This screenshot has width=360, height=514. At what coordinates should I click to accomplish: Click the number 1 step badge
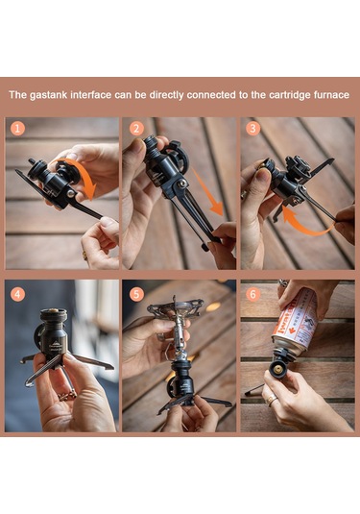point(18,129)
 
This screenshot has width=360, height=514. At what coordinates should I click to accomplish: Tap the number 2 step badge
point(136,129)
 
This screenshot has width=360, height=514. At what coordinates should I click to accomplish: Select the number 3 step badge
point(253,129)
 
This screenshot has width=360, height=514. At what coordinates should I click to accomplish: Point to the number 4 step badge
point(18,293)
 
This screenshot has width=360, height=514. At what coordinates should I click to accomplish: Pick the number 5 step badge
point(136,293)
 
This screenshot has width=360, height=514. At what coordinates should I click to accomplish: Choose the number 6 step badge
point(253,293)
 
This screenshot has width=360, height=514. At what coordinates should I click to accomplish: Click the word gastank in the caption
point(57,95)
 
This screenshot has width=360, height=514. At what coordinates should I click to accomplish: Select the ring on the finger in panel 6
point(273,397)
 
